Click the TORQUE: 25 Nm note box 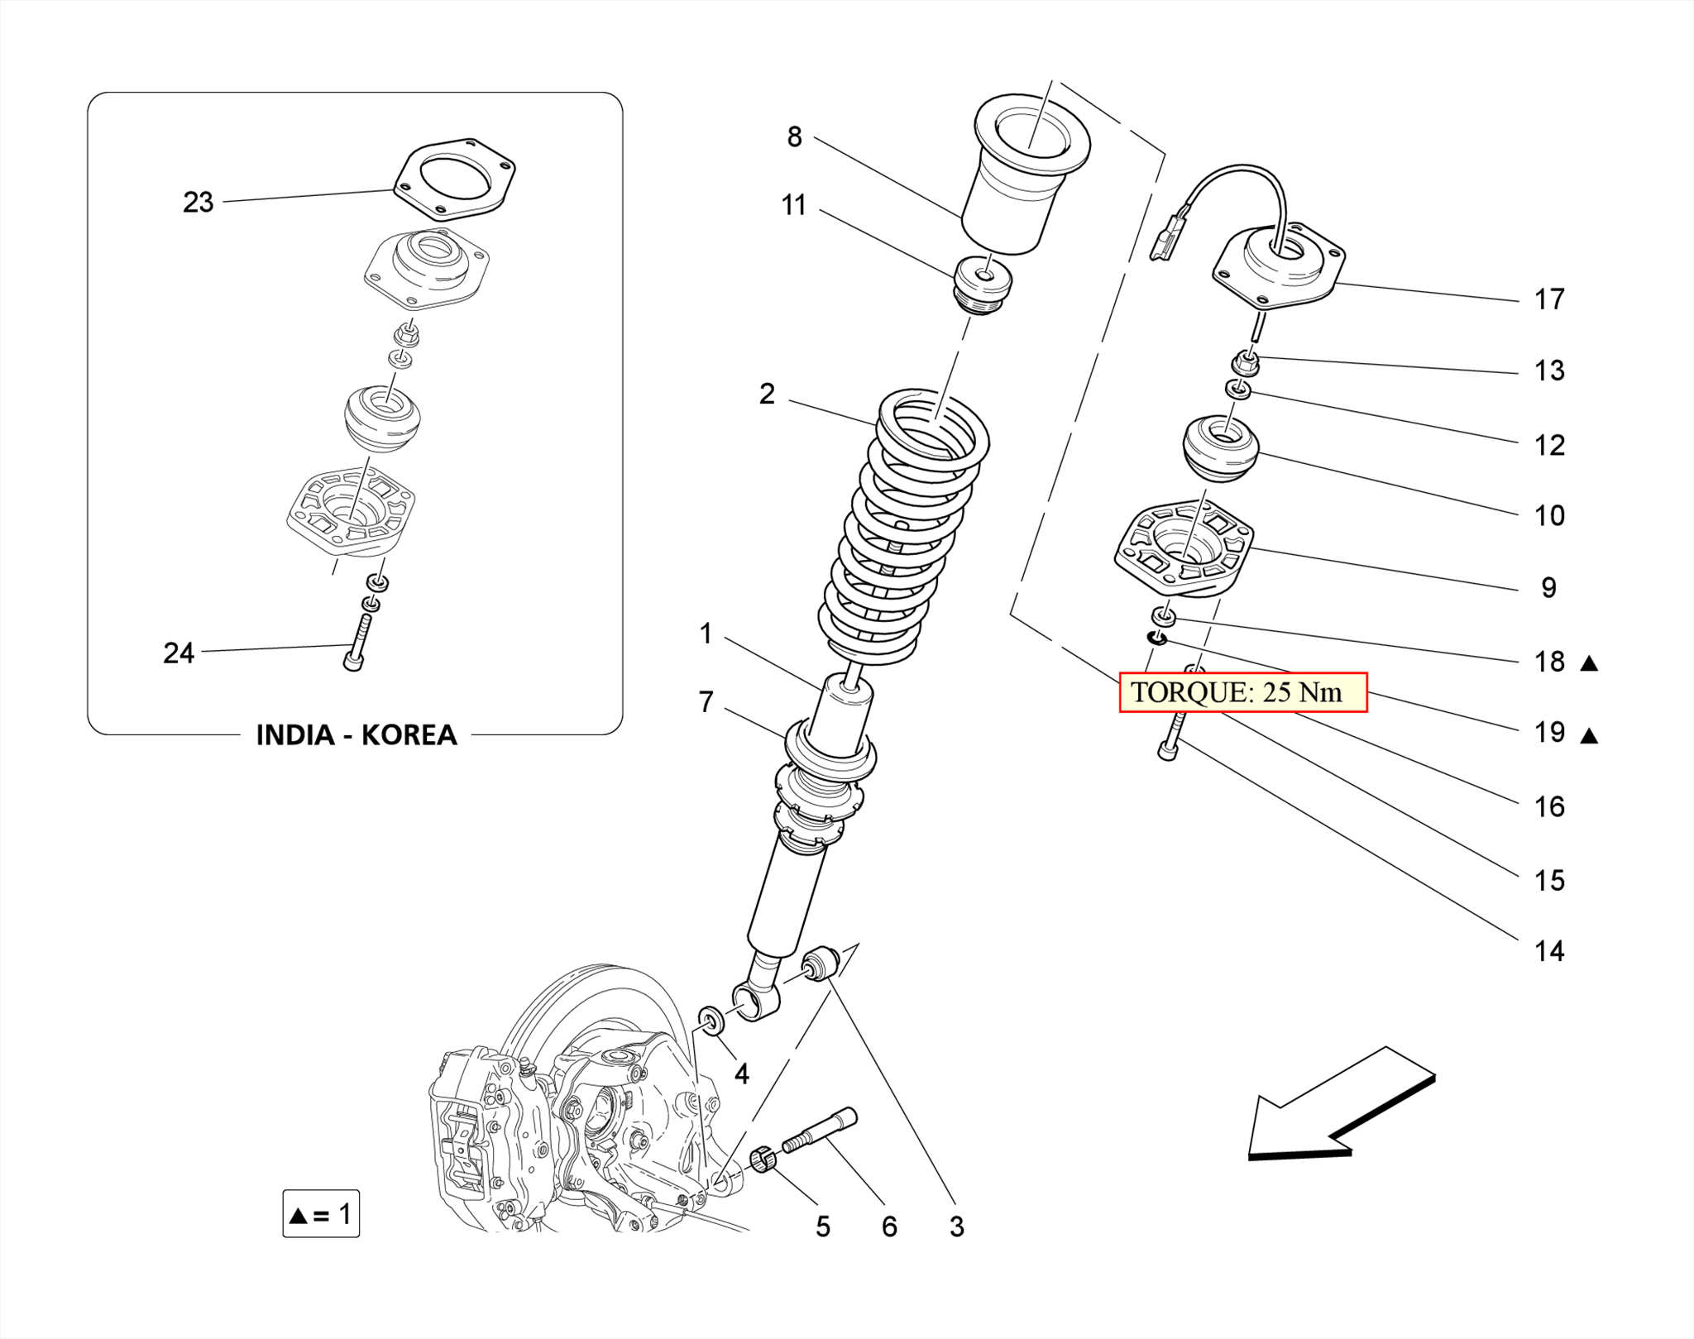[1242, 692]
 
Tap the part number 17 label [1548, 299]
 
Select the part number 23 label [198, 203]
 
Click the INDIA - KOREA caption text [356, 734]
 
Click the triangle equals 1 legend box [321, 1214]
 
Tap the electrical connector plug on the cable [1167, 240]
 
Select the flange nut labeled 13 [1246, 363]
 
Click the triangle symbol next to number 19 [1589, 735]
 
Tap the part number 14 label [1548, 952]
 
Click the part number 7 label [706, 702]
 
